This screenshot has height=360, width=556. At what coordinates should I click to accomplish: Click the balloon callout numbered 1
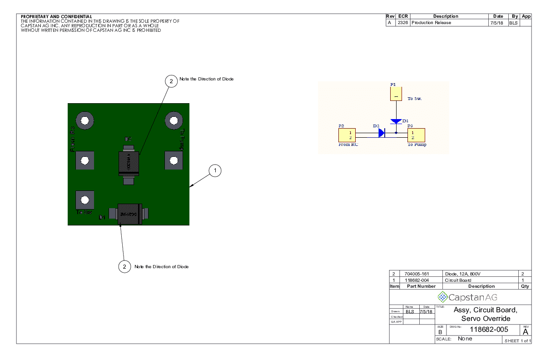point(215,170)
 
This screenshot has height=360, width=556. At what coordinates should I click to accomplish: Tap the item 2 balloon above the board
point(171,81)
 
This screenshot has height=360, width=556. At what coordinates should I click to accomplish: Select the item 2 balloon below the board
point(124,266)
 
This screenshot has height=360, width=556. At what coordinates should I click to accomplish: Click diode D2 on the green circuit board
point(129,162)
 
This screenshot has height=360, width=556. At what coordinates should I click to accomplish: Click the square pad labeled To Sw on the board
point(84,200)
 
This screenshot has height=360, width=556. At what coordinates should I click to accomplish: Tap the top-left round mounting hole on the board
point(84,120)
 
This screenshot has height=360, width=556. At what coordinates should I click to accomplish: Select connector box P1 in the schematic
point(396,94)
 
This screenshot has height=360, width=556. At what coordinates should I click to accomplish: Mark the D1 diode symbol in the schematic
point(396,121)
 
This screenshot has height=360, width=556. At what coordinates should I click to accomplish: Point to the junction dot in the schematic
point(396,133)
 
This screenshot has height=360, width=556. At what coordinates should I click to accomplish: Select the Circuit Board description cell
point(458,280)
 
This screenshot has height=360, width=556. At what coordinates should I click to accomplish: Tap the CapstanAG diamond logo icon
point(442,297)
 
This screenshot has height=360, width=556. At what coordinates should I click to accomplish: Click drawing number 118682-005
point(488,330)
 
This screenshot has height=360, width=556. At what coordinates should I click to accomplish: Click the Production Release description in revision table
point(431,23)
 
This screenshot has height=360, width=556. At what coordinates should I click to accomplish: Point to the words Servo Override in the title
point(486,318)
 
